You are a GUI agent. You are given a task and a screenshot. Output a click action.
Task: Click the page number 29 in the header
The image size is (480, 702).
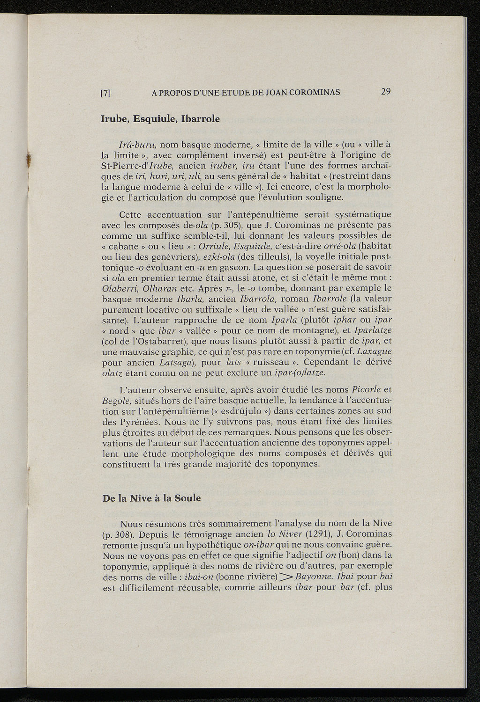(x=385, y=91)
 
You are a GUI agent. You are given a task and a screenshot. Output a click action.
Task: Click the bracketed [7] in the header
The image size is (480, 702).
(x=106, y=93)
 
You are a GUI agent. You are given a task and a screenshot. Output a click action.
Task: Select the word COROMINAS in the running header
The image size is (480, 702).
(x=315, y=93)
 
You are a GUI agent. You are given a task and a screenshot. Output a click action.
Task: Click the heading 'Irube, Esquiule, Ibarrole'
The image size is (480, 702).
(x=160, y=119)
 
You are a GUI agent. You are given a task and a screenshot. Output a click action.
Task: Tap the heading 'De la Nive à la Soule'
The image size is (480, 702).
(x=151, y=498)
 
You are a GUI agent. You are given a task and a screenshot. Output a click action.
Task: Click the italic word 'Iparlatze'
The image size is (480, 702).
(x=373, y=330)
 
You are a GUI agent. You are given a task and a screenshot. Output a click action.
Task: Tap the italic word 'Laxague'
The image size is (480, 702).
(x=374, y=351)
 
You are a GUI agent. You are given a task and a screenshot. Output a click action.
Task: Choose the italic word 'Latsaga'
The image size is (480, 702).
(x=167, y=362)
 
